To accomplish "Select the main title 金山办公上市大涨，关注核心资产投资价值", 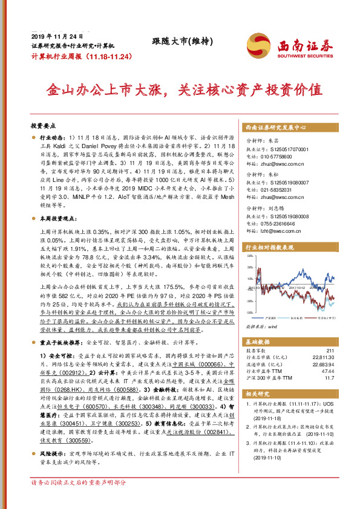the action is click(x=180, y=90).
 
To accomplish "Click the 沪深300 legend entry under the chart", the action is click(x=270, y=317).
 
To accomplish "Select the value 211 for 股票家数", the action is click(x=330, y=350).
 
